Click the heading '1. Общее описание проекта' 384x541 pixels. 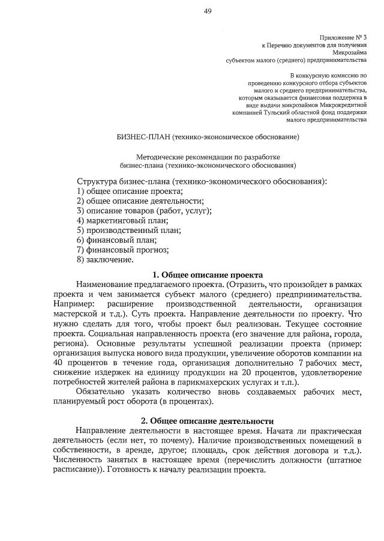[208, 274]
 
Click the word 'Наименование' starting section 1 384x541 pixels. [107, 284]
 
